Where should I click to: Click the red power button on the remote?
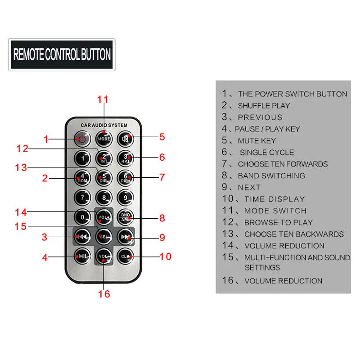click(x=82, y=139)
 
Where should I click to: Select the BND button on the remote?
click(x=126, y=217)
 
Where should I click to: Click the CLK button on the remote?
click(x=126, y=256)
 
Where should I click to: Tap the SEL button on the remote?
click(x=104, y=236)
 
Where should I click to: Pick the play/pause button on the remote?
click(x=82, y=256)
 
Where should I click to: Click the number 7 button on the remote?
click(x=82, y=197)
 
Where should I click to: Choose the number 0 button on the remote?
click(x=82, y=217)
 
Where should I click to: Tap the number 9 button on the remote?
click(x=126, y=197)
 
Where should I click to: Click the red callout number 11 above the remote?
click(x=103, y=99)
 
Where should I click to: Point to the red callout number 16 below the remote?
click(x=103, y=294)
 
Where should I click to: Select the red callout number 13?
click(x=21, y=167)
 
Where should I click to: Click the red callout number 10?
click(x=166, y=256)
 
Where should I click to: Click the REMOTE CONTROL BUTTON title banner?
click(x=62, y=54)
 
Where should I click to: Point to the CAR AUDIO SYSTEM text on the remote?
click(x=104, y=125)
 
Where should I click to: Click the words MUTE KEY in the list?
click(x=257, y=141)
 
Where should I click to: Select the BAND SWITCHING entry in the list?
click(x=271, y=176)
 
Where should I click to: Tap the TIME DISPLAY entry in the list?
click(x=274, y=199)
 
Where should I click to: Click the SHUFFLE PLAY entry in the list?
click(x=264, y=106)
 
